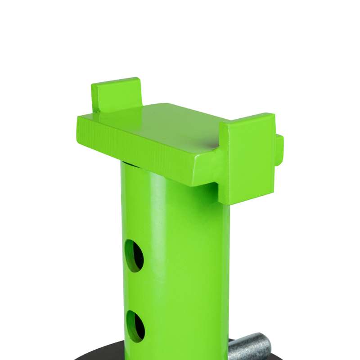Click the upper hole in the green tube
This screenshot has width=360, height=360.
(x=134, y=255)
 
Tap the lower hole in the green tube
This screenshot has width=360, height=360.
(x=135, y=325)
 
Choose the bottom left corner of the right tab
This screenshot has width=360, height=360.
(x=221, y=200)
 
